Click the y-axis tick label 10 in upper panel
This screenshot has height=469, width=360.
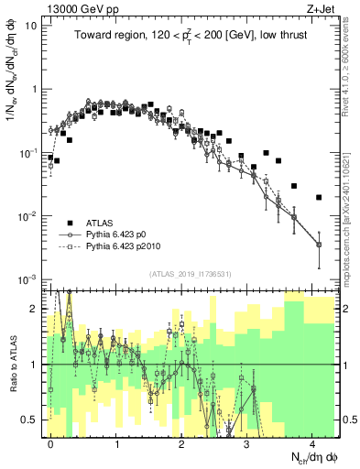coord(30,26)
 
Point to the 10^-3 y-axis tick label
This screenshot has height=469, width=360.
coord(27,278)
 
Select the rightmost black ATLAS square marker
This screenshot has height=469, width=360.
coord(319,197)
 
